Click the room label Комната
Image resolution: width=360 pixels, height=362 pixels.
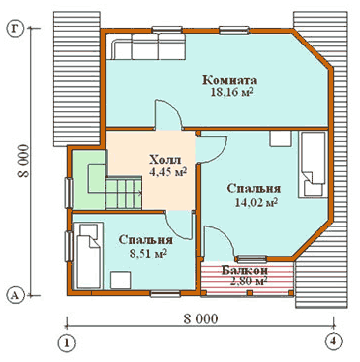(x=229, y=80)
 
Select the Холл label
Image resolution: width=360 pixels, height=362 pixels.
(x=165, y=160)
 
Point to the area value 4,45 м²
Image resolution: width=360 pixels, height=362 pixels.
(x=167, y=171)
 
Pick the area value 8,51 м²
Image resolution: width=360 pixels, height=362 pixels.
(x=147, y=253)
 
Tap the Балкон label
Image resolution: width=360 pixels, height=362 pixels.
(x=244, y=271)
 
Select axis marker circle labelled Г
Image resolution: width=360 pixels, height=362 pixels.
(x=14, y=29)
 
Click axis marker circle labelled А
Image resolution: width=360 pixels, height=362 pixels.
(x=14, y=295)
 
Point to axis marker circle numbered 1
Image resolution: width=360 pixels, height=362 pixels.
(x=67, y=343)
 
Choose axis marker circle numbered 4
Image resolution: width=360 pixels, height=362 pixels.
(x=333, y=341)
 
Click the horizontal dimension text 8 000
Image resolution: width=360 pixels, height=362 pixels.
(x=201, y=319)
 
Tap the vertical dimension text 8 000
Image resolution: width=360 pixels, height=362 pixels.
(x=24, y=161)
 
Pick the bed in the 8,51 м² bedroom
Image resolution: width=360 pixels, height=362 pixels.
(x=88, y=255)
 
